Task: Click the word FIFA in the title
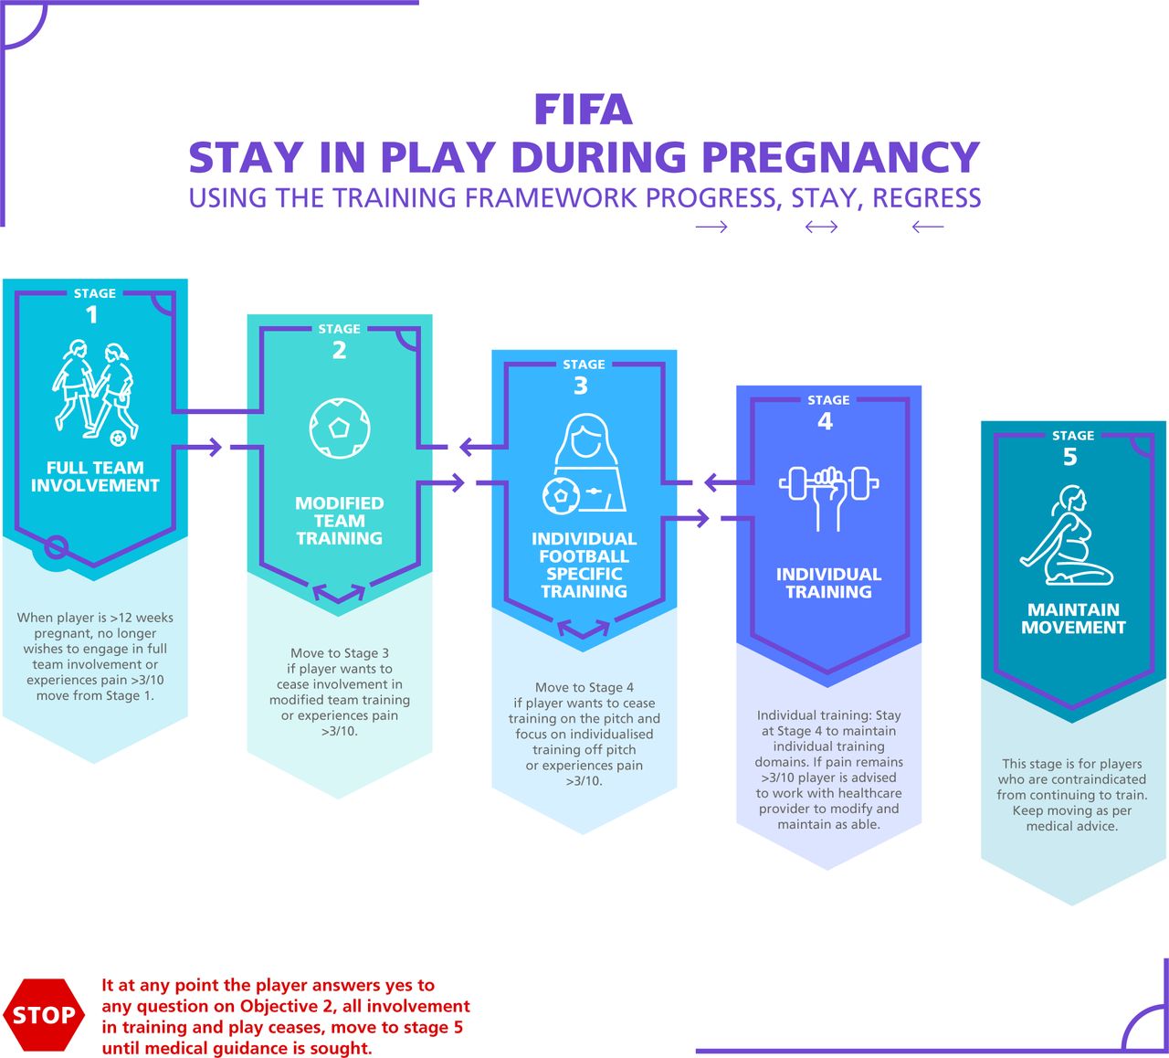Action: tap(584, 110)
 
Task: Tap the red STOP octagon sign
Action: tap(44, 1014)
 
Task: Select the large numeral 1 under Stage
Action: tap(92, 315)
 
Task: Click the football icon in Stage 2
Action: tap(339, 428)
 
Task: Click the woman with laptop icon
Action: tap(584, 464)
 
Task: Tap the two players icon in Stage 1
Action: tap(96, 393)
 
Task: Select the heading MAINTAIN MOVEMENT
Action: tap(1073, 619)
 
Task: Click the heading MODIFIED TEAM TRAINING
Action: tap(339, 520)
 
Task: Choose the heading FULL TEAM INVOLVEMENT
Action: tap(95, 477)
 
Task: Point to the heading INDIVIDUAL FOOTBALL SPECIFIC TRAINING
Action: tap(584, 565)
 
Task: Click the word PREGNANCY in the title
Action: tap(840, 157)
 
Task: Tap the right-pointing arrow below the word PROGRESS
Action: tap(711, 227)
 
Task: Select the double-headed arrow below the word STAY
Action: tap(822, 227)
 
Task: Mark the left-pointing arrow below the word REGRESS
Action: tap(928, 227)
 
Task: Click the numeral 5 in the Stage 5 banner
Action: tap(1070, 457)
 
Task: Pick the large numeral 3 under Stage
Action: tap(581, 386)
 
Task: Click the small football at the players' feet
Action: tap(118, 438)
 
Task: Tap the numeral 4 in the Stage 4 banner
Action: tap(826, 421)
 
